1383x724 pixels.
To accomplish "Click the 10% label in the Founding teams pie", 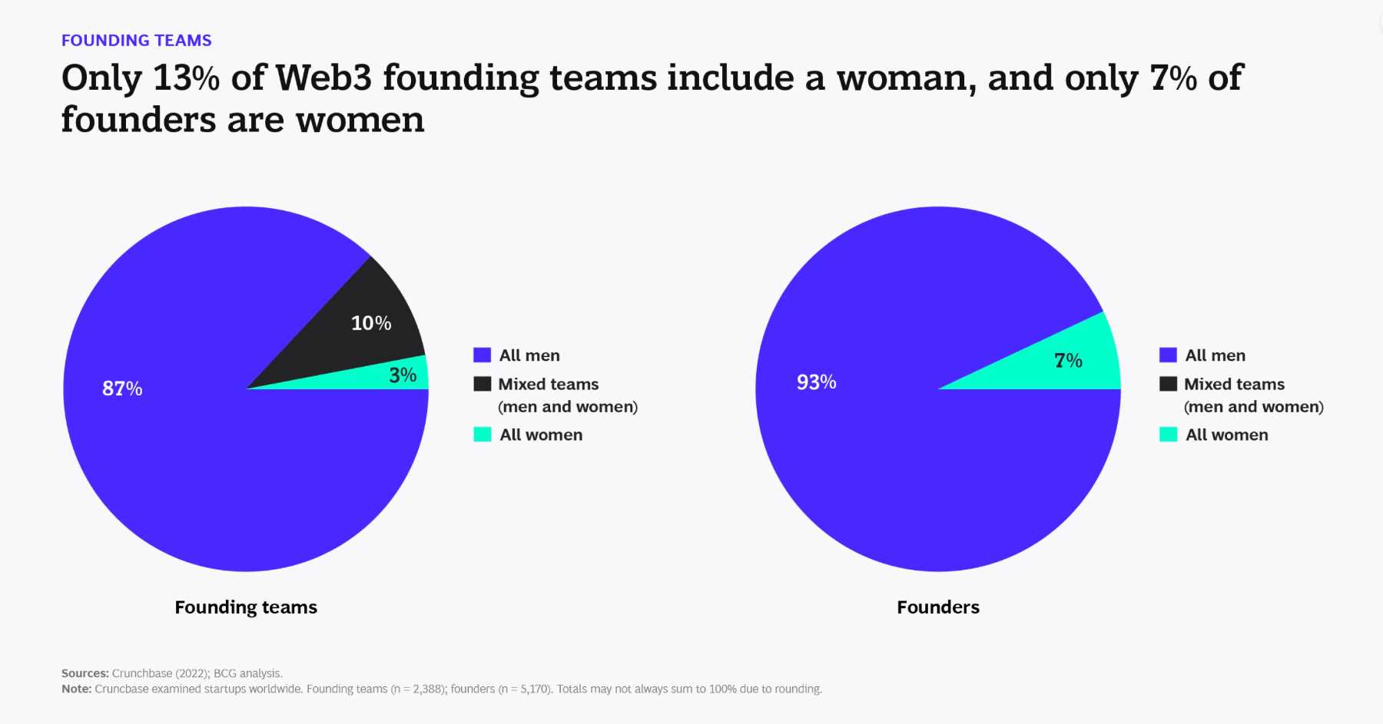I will [x=371, y=323].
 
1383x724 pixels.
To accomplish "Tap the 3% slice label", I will [x=403, y=375].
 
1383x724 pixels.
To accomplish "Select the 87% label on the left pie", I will [x=122, y=388].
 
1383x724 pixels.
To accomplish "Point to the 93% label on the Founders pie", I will [x=816, y=382].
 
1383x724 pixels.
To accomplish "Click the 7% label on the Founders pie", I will [x=1068, y=361].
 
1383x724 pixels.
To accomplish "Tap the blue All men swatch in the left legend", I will [x=482, y=355].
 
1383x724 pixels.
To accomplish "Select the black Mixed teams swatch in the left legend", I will [x=482, y=384].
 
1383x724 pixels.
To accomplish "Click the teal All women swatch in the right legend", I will [x=1168, y=435].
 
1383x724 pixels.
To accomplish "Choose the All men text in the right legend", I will [x=1215, y=355].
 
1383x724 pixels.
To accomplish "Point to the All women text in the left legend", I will [x=541, y=435].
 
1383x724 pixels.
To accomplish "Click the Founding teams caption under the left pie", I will [x=246, y=607].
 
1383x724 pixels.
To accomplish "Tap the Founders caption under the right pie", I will [x=938, y=607].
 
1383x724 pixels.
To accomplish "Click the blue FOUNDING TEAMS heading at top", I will [x=137, y=41].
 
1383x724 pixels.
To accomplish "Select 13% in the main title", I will [x=187, y=78].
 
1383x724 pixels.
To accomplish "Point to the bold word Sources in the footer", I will [x=85, y=673].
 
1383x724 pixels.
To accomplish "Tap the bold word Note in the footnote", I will [x=76, y=689].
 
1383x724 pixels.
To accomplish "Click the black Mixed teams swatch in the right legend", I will [x=1168, y=384].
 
